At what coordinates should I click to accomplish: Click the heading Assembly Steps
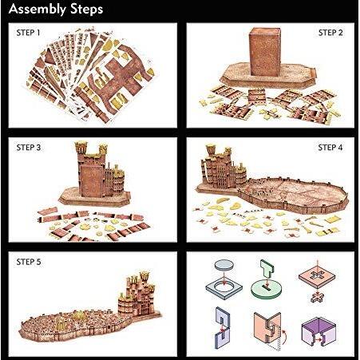[56, 10]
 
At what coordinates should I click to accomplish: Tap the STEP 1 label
[28, 33]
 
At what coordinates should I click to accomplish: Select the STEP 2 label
[330, 33]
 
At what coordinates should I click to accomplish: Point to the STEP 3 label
[29, 148]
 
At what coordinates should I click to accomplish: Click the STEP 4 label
[330, 148]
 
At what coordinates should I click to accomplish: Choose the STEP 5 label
[29, 262]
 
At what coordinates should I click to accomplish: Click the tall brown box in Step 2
[265, 51]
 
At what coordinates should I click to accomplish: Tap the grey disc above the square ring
[224, 264]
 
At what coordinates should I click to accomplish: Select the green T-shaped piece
[267, 268]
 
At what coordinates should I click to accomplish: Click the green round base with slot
[267, 290]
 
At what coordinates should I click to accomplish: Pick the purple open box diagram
[318, 330]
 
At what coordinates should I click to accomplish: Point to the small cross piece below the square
[317, 297]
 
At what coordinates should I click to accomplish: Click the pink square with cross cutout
[317, 278]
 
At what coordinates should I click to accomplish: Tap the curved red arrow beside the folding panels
[284, 337]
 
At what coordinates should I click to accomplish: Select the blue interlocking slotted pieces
[223, 327]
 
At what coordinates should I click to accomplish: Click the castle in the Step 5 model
[137, 294]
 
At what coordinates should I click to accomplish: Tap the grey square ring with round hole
[224, 288]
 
